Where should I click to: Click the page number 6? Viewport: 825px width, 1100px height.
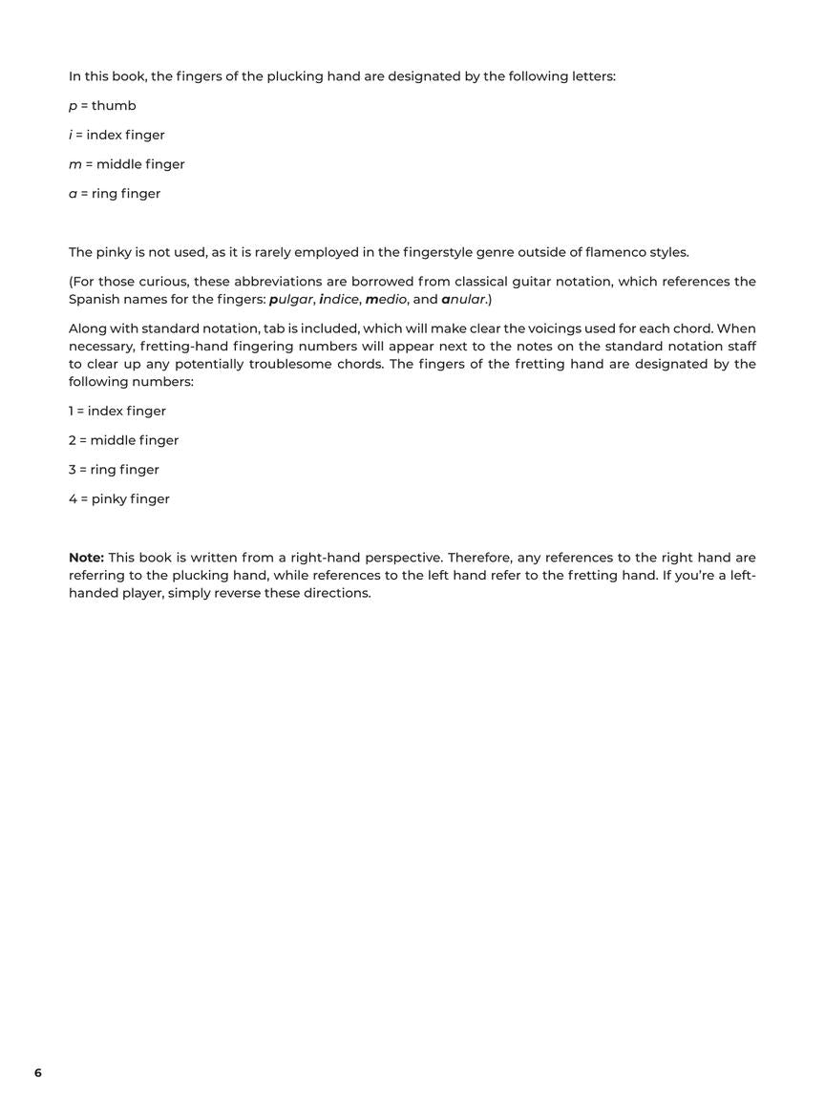[38, 1073]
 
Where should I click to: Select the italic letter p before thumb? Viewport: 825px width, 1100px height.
[73, 106]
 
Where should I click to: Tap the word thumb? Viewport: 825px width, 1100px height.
[114, 106]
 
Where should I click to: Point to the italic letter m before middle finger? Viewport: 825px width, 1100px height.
[75, 164]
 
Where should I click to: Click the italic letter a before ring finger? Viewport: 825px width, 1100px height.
[73, 194]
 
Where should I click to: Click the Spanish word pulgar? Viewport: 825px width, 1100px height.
[291, 300]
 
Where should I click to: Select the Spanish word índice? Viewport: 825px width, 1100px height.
[339, 300]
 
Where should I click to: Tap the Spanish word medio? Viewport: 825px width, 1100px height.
[386, 300]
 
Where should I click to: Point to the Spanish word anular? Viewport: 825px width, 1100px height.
[464, 300]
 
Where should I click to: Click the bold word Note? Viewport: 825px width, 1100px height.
[86, 558]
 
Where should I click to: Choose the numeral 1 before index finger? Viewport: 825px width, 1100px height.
[71, 412]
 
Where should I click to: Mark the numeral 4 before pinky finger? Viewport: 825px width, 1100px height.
[72, 499]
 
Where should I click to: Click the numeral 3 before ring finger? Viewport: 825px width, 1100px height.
[72, 470]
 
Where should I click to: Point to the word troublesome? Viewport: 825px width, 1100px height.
[290, 364]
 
